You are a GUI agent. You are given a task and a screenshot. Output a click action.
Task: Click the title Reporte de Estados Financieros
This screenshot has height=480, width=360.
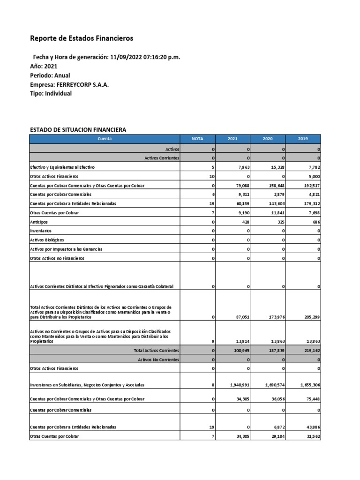82,38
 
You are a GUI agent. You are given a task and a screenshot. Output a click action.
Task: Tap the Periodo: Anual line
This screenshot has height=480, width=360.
50,75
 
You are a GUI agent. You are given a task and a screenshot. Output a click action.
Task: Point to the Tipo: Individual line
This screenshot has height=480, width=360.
51,93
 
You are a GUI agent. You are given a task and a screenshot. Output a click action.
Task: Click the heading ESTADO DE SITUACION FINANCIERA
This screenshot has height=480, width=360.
78,130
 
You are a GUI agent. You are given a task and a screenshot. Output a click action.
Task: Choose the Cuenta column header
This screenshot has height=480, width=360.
105,139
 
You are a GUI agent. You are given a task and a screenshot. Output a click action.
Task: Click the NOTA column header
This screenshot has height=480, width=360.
198,139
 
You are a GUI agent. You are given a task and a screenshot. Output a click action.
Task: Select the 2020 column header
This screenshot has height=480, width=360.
268,139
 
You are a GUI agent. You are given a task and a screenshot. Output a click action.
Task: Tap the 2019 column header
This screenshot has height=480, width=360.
303,139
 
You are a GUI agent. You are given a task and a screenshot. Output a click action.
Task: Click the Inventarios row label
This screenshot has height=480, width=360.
41,231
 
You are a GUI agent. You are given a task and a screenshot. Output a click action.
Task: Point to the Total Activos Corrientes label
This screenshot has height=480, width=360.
157,350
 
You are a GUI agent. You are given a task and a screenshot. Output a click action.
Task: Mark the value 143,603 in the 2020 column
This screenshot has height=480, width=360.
275,204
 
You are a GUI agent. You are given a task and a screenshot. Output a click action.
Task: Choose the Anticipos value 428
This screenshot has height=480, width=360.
245,222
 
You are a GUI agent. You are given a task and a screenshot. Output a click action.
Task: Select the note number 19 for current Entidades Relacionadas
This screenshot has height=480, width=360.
211,204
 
